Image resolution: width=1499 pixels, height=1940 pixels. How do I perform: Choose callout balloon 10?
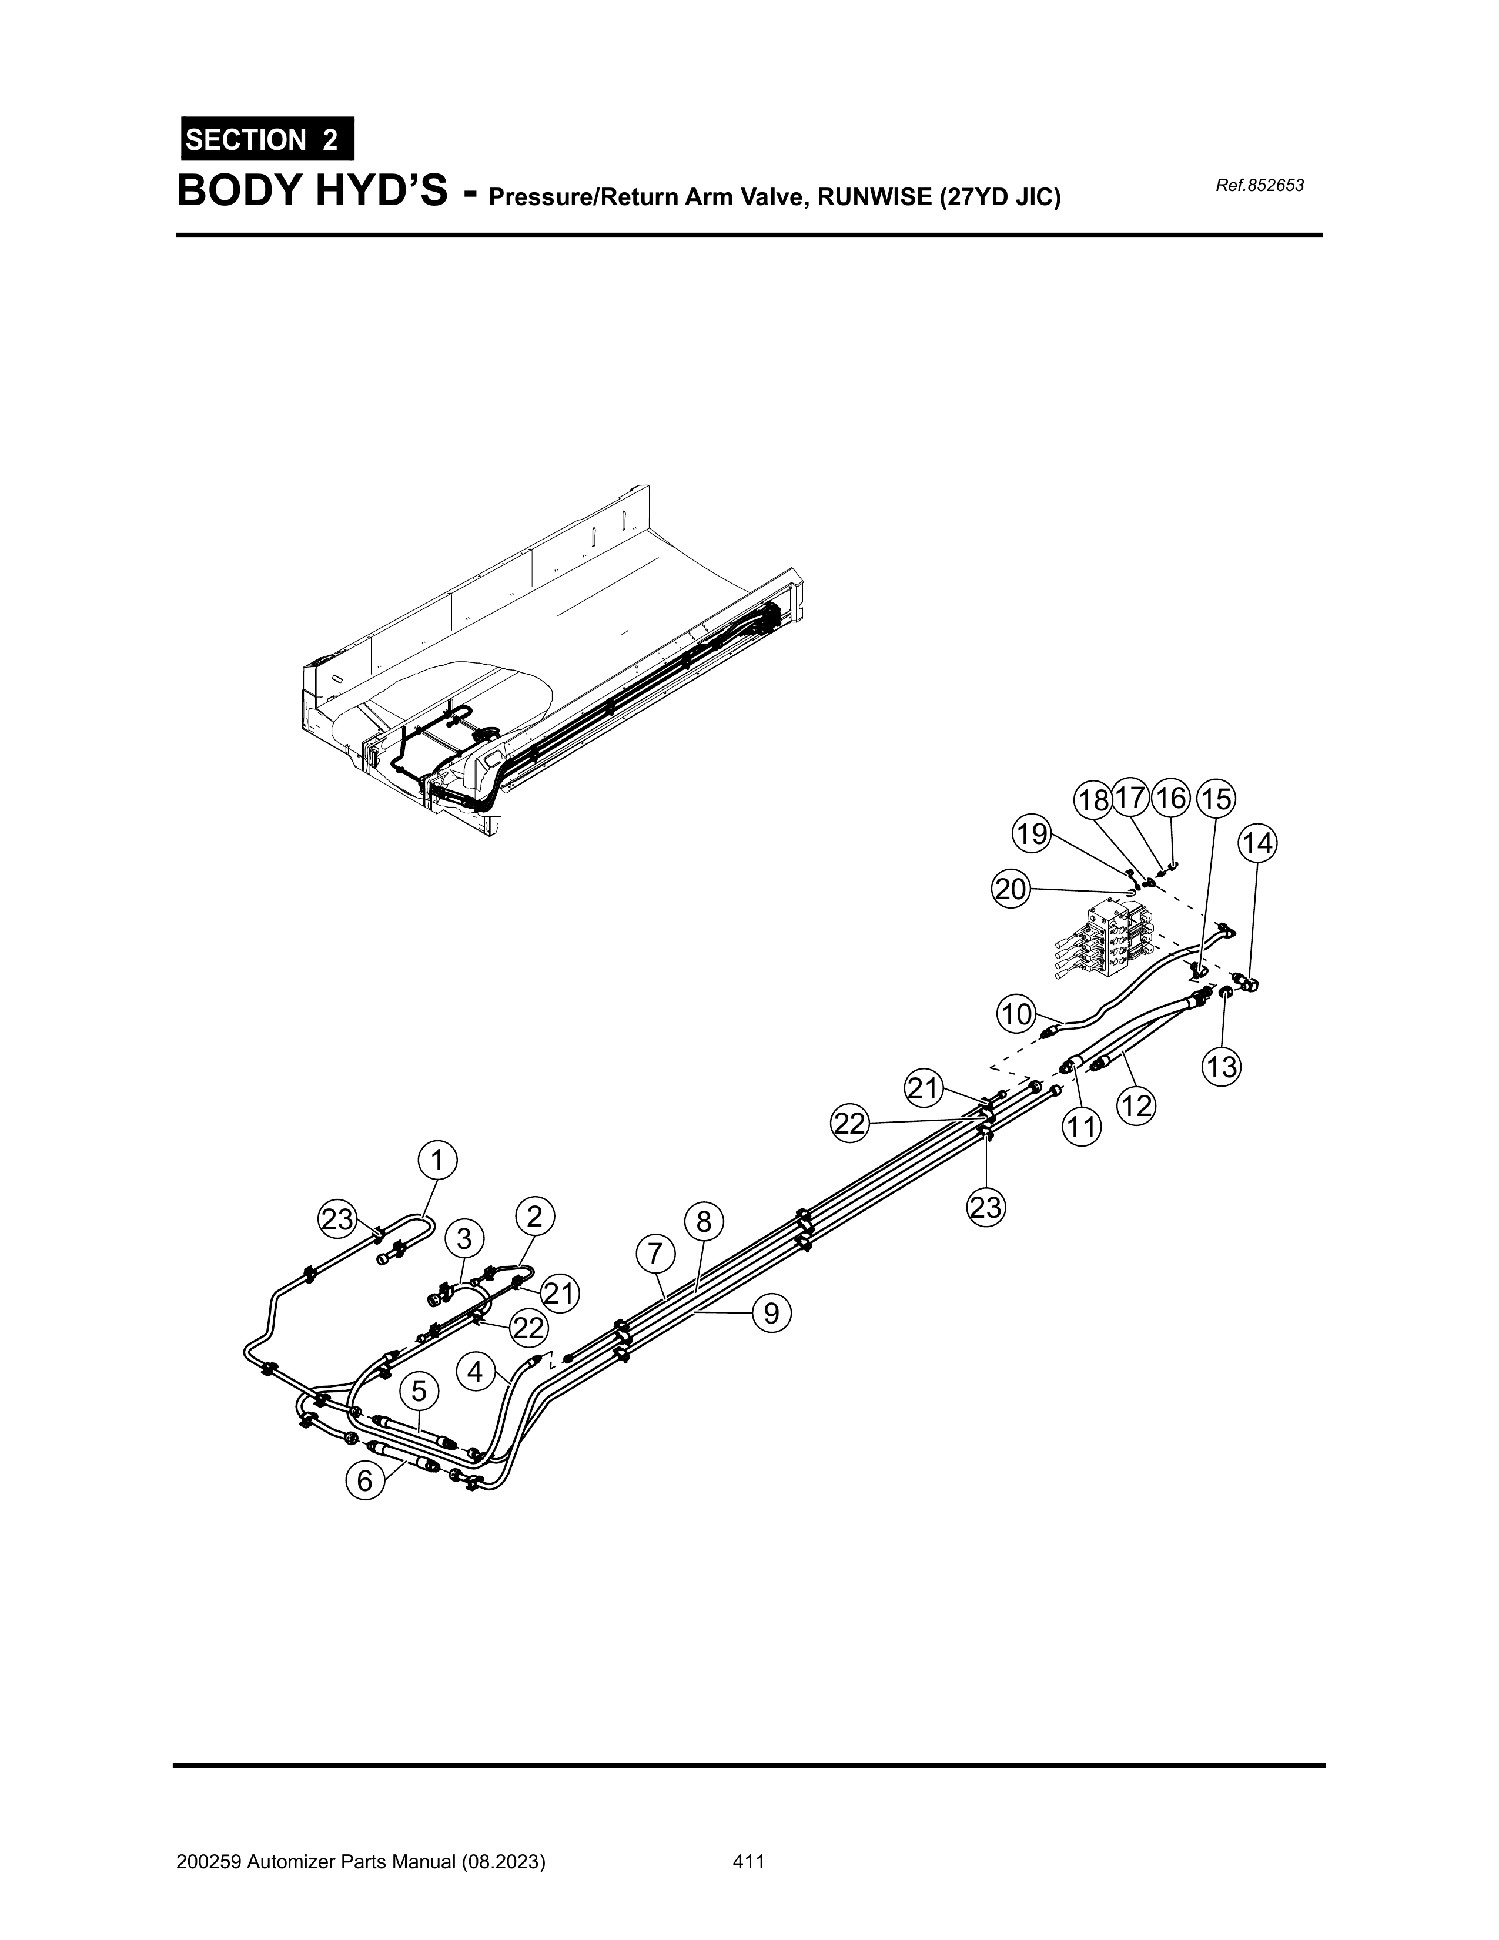1016,1014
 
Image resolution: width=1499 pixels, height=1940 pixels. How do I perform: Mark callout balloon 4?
476,1372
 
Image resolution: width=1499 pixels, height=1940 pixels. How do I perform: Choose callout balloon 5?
419,1392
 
